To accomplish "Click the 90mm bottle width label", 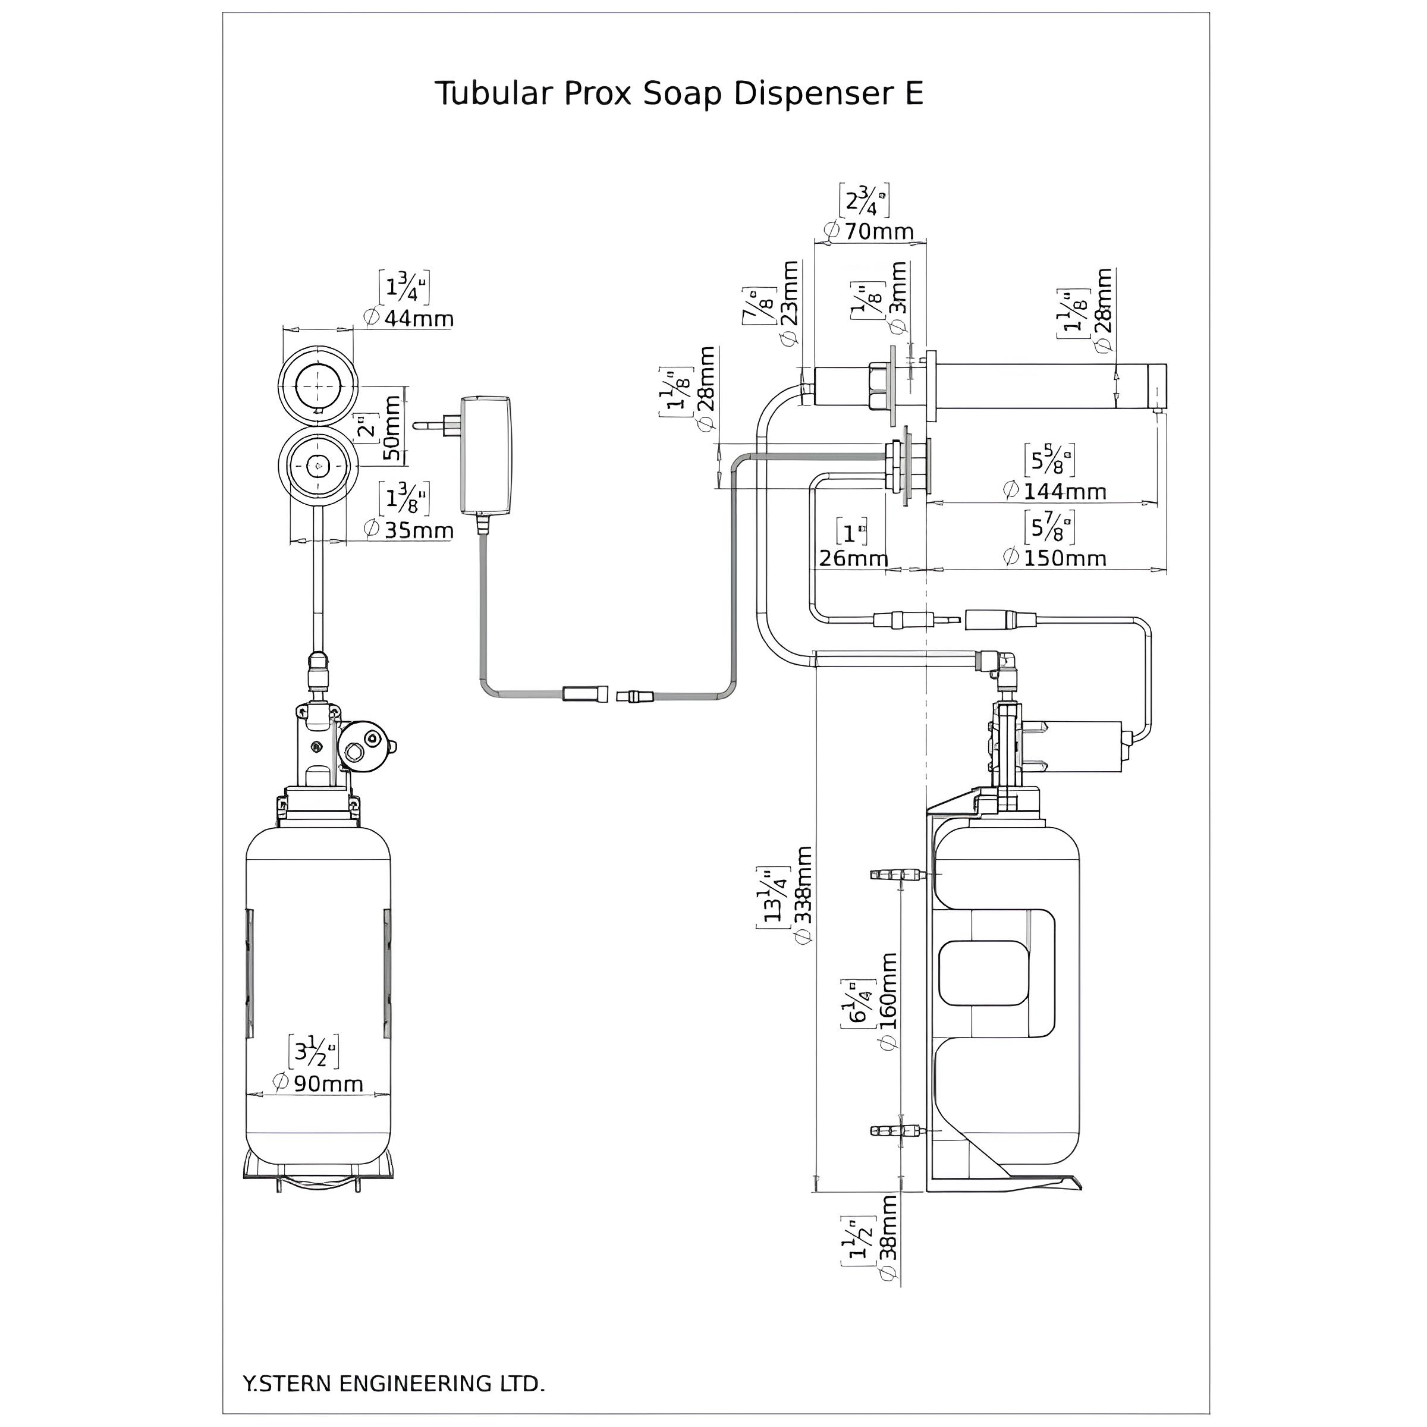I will [x=328, y=1083].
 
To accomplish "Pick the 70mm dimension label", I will [x=879, y=231].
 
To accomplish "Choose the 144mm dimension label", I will [x=1064, y=491].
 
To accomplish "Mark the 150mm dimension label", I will [x=1064, y=558].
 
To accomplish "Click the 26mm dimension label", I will [x=853, y=558].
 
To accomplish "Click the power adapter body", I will [x=485, y=455].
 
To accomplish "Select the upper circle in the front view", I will [x=318, y=385].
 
